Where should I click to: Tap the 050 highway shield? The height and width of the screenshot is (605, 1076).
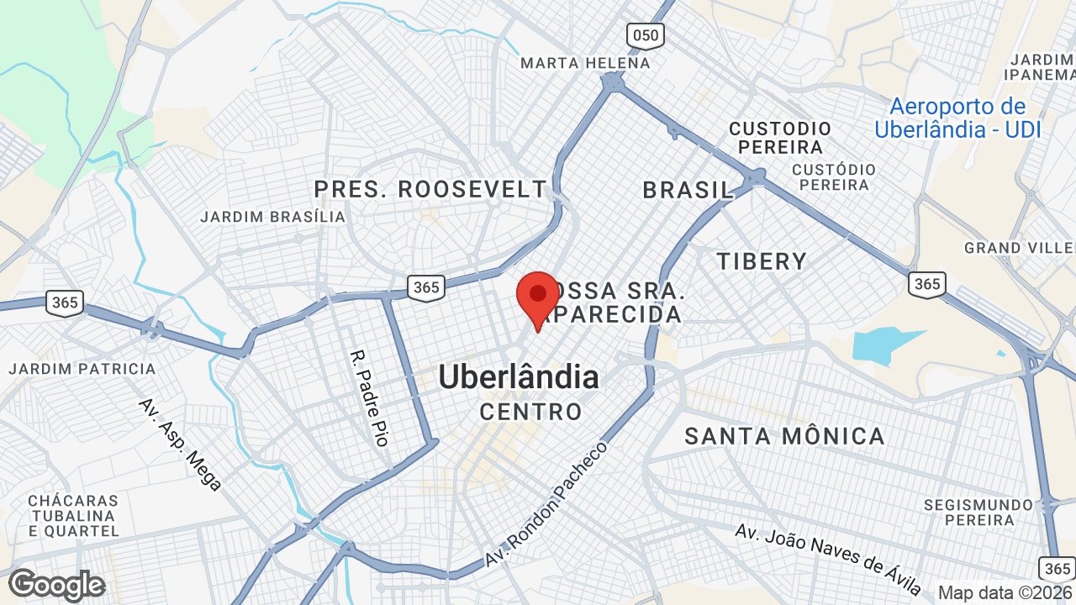tap(645, 34)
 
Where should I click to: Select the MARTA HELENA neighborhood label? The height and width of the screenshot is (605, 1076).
tap(585, 63)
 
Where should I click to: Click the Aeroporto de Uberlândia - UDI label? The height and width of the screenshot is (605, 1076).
tap(957, 118)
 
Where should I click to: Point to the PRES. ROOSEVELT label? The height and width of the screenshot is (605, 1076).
tap(430, 189)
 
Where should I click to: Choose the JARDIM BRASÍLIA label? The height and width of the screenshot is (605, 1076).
tap(272, 217)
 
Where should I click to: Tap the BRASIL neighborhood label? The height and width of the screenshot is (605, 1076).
tap(688, 190)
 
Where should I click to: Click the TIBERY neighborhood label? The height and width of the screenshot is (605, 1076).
tap(762, 261)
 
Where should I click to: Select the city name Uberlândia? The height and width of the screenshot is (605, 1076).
tap(519, 377)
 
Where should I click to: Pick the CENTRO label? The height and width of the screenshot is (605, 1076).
tap(530, 412)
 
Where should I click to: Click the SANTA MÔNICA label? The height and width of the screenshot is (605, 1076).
tap(784, 436)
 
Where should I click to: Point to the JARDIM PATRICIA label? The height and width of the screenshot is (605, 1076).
tap(82, 369)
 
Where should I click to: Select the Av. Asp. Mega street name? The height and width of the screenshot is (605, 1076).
tap(180, 445)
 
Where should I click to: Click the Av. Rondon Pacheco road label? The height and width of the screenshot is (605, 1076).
tap(546, 503)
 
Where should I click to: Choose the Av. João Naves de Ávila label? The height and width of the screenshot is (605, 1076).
tap(828, 559)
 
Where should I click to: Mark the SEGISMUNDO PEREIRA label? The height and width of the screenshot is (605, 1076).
tap(978, 513)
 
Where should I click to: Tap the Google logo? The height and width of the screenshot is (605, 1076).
tap(56, 585)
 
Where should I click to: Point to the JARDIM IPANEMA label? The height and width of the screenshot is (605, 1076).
tap(1041, 66)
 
